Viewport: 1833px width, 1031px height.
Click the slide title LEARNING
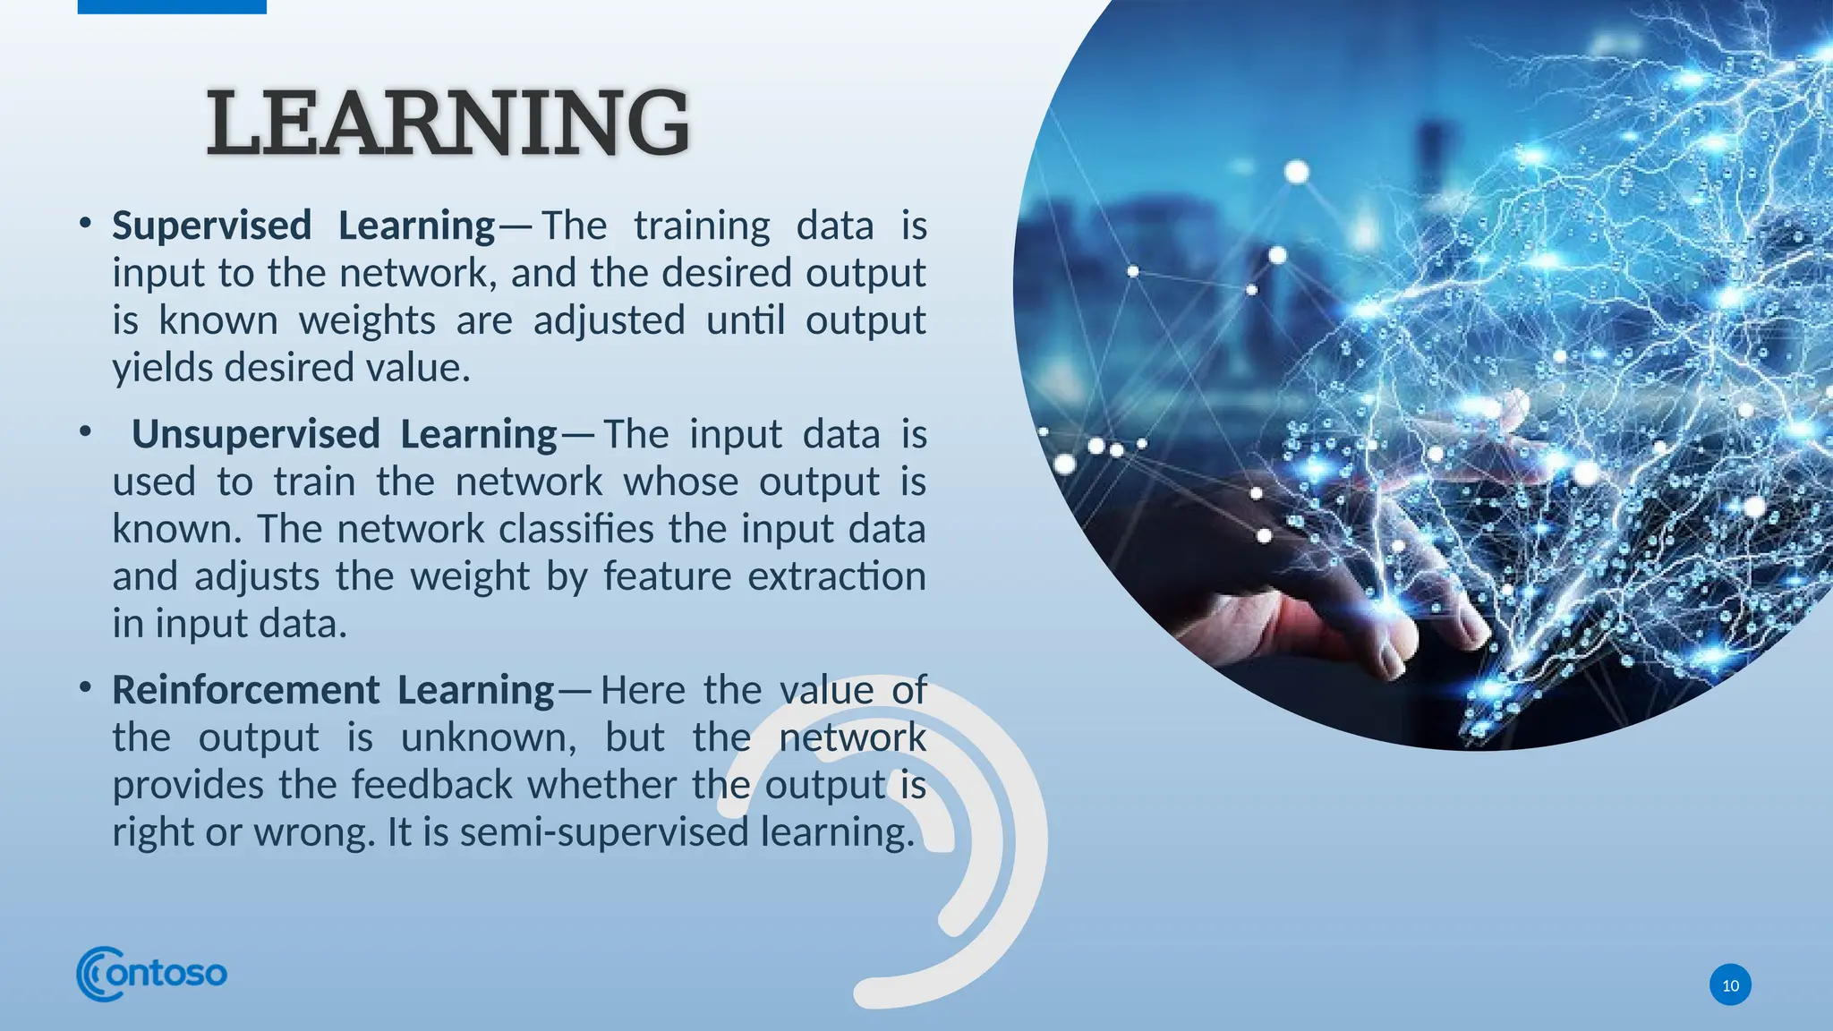click(448, 123)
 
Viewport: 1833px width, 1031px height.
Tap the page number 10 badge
click(1730, 985)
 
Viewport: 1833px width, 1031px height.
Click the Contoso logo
click(152, 973)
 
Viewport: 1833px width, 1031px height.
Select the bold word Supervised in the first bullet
click(211, 226)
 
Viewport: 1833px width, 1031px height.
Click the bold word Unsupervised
click(255, 435)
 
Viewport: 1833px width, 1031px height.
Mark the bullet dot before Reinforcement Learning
click(85, 688)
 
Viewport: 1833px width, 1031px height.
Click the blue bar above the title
click(172, 6)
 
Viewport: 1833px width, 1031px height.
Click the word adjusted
click(609, 320)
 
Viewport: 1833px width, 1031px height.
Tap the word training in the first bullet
click(702, 226)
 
